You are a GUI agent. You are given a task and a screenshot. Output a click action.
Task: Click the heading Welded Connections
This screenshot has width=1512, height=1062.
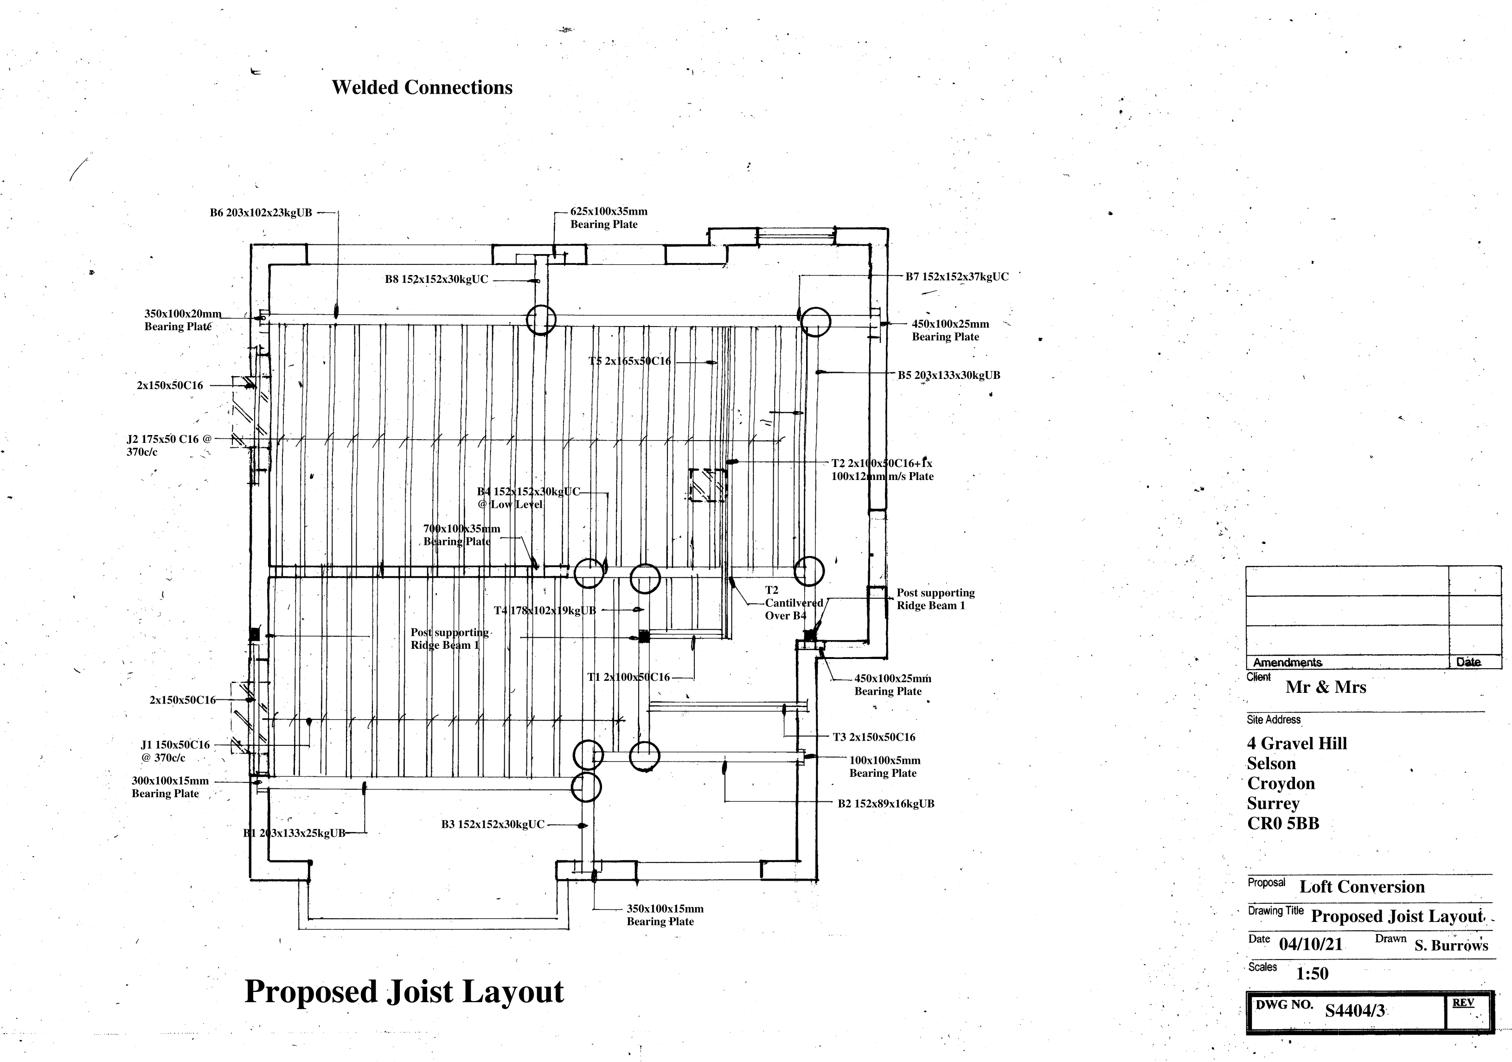[422, 88]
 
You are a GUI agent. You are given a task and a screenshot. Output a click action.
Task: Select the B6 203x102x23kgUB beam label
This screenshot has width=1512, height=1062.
[261, 213]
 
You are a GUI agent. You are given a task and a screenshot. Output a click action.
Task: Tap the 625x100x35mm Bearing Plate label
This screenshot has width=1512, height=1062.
[608, 218]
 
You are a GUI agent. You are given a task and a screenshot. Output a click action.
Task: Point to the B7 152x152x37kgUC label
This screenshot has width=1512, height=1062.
[956, 276]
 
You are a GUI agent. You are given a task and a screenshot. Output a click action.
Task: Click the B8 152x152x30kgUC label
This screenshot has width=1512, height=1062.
[436, 279]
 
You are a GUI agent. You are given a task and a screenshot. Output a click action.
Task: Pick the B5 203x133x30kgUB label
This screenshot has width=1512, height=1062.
[948, 375]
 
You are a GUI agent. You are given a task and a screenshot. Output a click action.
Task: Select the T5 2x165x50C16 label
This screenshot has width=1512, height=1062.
[629, 361]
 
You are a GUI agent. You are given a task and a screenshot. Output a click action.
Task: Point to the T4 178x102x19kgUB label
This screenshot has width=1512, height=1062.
[545, 610]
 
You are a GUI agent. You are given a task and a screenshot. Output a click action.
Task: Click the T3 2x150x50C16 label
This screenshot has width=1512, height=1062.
[874, 737]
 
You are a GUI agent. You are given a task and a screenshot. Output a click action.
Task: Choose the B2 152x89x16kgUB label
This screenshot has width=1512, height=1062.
[886, 803]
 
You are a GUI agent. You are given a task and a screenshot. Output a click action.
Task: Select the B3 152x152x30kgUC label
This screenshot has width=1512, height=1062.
[493, 824]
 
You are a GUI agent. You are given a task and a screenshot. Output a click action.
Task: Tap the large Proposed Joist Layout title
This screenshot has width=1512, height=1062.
[404, 991]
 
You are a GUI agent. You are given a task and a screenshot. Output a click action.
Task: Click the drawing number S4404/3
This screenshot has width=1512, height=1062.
[1355, 1010]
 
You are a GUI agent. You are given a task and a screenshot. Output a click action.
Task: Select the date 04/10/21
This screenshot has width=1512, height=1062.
[1311, 944]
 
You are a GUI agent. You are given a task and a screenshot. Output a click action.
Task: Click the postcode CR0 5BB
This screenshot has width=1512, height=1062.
[1283, 823]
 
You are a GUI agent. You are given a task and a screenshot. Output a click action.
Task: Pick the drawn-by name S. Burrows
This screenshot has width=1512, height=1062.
[1451, 946]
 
